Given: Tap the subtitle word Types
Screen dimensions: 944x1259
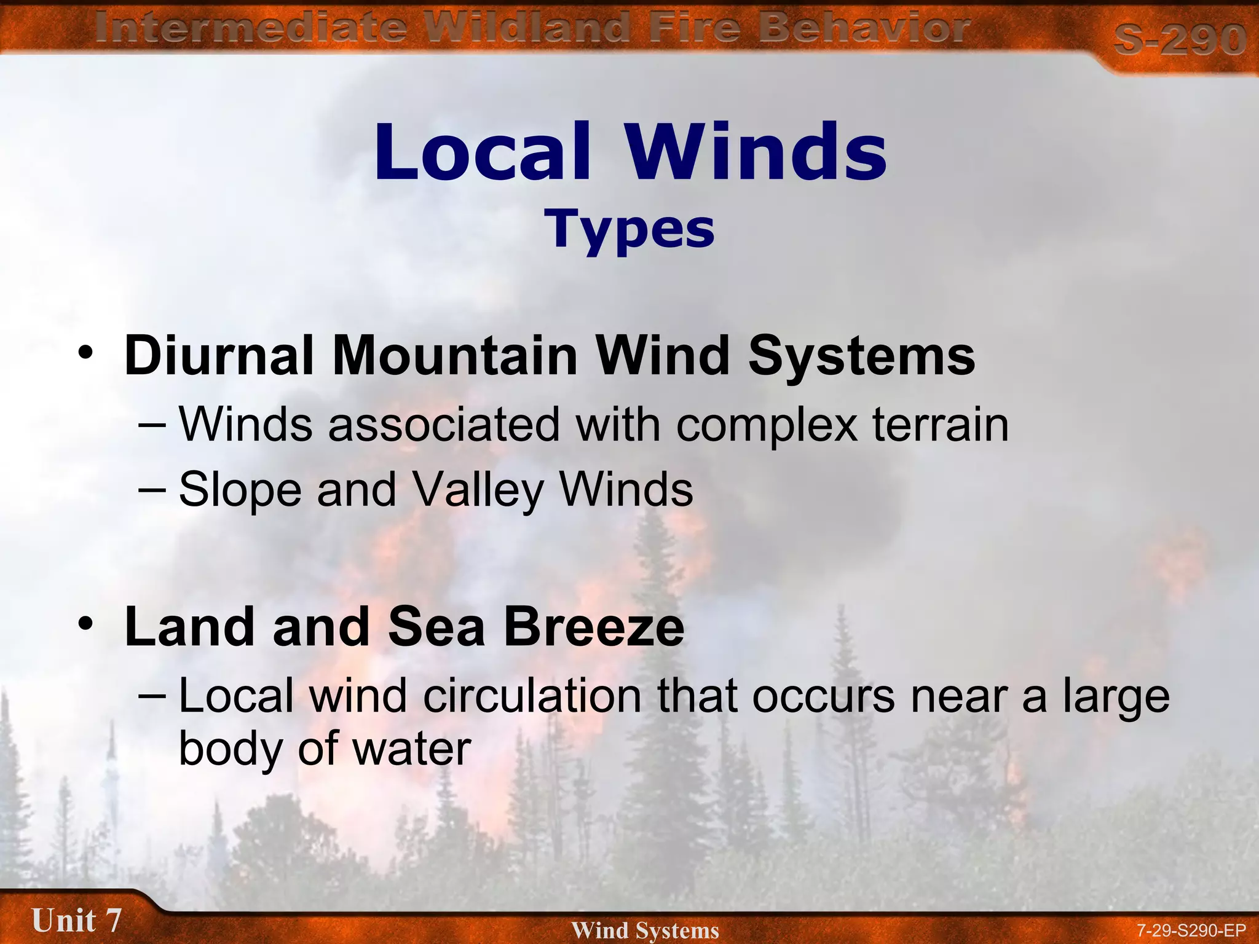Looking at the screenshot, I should pyautogui.click(x=629, y=229).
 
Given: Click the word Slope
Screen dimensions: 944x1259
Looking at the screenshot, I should pyautogui.click(x=240, y=490).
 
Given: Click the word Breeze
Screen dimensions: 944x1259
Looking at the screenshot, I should pyautogui.click(x=594, y=627).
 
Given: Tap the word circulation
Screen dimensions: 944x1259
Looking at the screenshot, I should pyautogui.click(x=532, y=696).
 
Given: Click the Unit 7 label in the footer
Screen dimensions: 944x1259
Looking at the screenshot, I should pyautogui.click(x=76, y=921).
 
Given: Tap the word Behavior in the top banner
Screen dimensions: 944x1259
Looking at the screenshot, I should pyautogui.click(x=864, y=28).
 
